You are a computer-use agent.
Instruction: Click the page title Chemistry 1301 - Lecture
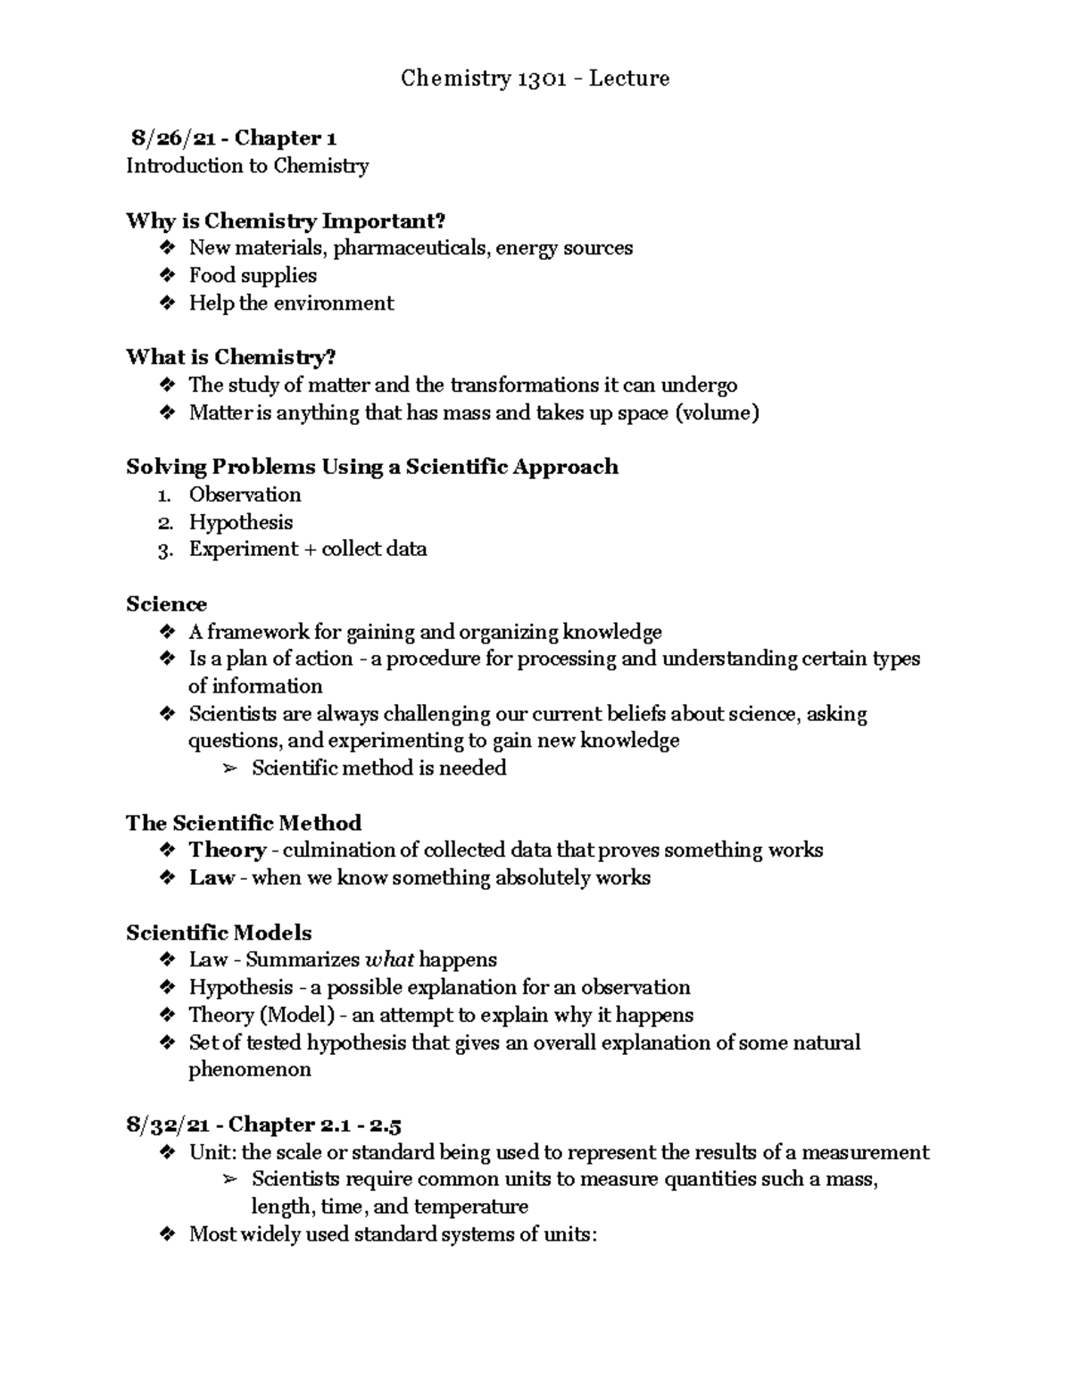click(535, 79)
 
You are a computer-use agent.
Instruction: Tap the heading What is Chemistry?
click(230, 358)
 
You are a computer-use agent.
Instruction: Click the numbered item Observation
click(245, 495)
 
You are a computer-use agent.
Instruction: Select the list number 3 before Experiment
click(163, 551)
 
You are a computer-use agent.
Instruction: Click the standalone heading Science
click(166, 605)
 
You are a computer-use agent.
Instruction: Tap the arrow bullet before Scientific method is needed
click(229, 769)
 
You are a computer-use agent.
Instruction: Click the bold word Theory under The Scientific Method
click(228, 851)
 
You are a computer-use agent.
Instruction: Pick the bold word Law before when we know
click(211, 878)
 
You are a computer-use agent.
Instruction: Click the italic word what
click(389, 960)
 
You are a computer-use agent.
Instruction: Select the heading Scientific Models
click(219, 934)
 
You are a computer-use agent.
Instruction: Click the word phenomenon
click(250, 1070)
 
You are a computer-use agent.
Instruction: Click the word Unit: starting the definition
click(212, 1153)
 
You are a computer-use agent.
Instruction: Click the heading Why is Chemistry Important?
click(285, 221)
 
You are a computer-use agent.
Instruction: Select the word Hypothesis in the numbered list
click(240, 523)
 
